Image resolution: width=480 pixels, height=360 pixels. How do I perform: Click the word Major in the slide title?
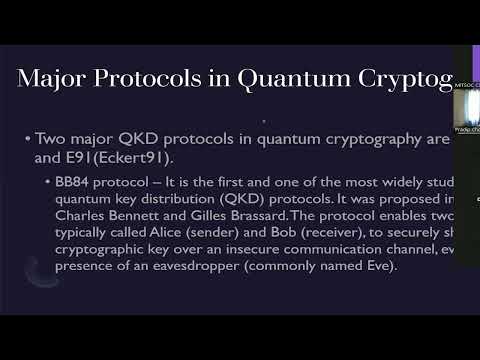(62, 81)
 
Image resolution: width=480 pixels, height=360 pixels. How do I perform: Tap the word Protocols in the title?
(165, 81)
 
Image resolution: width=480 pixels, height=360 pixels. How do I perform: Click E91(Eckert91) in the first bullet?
(104, 157)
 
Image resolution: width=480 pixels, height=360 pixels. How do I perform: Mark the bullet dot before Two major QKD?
(27, 139)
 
